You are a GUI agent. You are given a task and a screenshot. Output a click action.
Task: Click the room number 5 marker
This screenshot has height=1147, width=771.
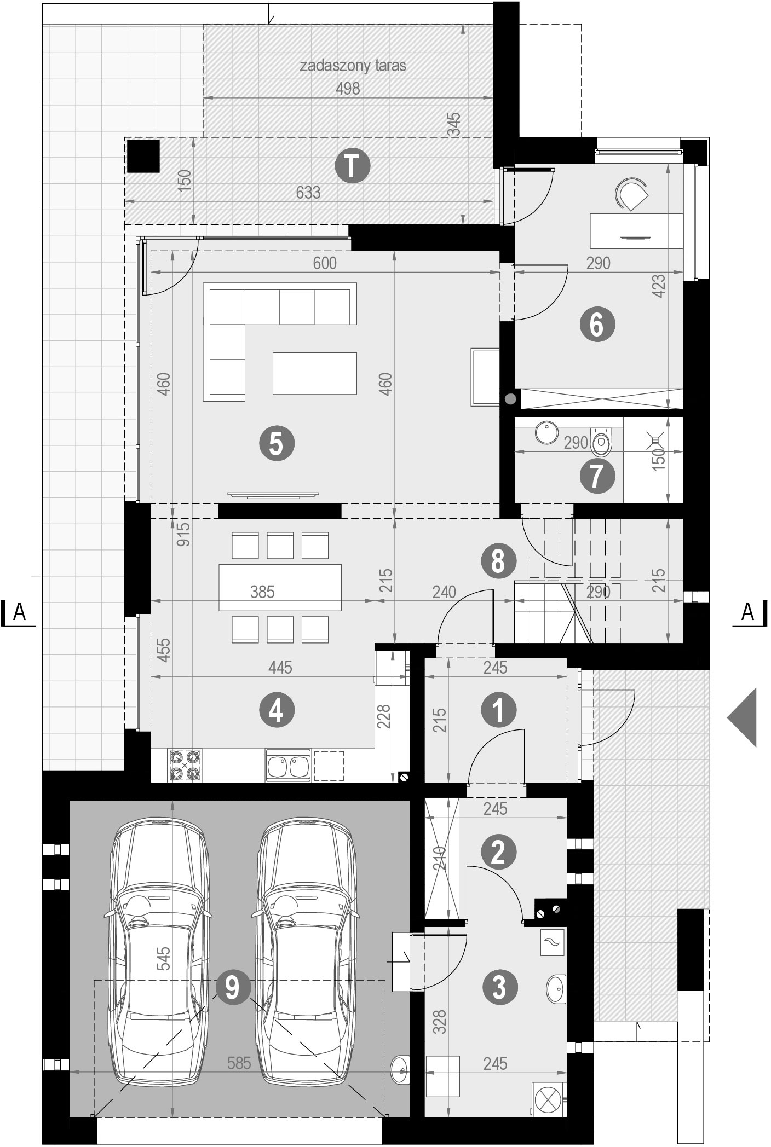point(277,443)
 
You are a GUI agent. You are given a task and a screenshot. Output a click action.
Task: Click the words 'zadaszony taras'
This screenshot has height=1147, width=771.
point(353,66)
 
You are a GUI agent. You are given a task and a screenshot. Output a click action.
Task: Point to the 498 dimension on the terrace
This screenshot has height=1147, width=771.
point(348,89)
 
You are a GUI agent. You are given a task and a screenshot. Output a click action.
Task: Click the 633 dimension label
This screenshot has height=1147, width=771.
point(308,193)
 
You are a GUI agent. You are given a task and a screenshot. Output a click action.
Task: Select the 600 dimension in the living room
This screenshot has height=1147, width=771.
point(325,263)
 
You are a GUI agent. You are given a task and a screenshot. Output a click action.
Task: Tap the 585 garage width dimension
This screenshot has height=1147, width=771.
point(239,1063)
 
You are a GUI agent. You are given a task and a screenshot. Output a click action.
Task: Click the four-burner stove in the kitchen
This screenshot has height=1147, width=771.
point(184,765)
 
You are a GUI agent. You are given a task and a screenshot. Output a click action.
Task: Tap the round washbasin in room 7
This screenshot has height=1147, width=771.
point(546,432)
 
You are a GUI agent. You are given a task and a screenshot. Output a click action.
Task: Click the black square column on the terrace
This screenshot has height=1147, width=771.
point(143,157)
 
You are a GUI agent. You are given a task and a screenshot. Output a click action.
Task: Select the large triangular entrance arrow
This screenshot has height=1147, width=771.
point(743,717)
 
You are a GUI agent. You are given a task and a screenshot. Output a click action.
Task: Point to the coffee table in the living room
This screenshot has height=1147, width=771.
point(315,373)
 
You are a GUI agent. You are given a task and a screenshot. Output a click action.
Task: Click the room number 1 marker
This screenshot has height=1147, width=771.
point(498,710)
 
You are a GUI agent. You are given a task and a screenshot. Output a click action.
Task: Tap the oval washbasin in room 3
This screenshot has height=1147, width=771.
point(556,989)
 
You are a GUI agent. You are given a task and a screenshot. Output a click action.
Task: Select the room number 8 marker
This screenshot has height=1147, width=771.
point(498,561)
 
